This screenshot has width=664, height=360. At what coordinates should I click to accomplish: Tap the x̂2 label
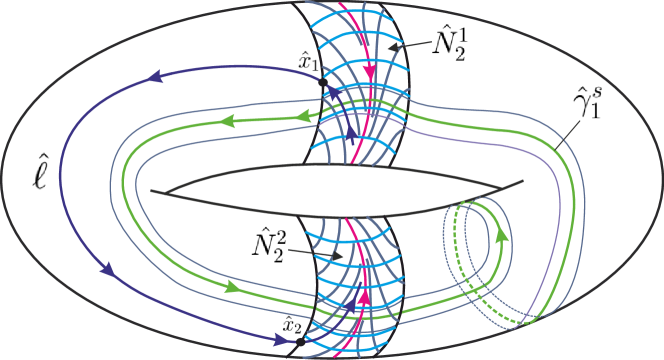pyautogui.click(x=291, y=322)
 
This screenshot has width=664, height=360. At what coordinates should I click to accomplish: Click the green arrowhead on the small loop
pyautogui.click(x=497, y=237)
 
